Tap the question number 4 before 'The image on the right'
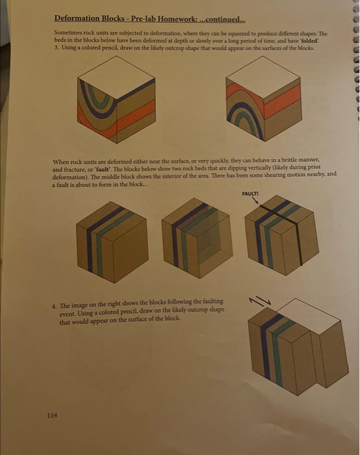[x=53, y=305]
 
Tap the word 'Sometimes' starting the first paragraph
[x=70, y=32]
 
